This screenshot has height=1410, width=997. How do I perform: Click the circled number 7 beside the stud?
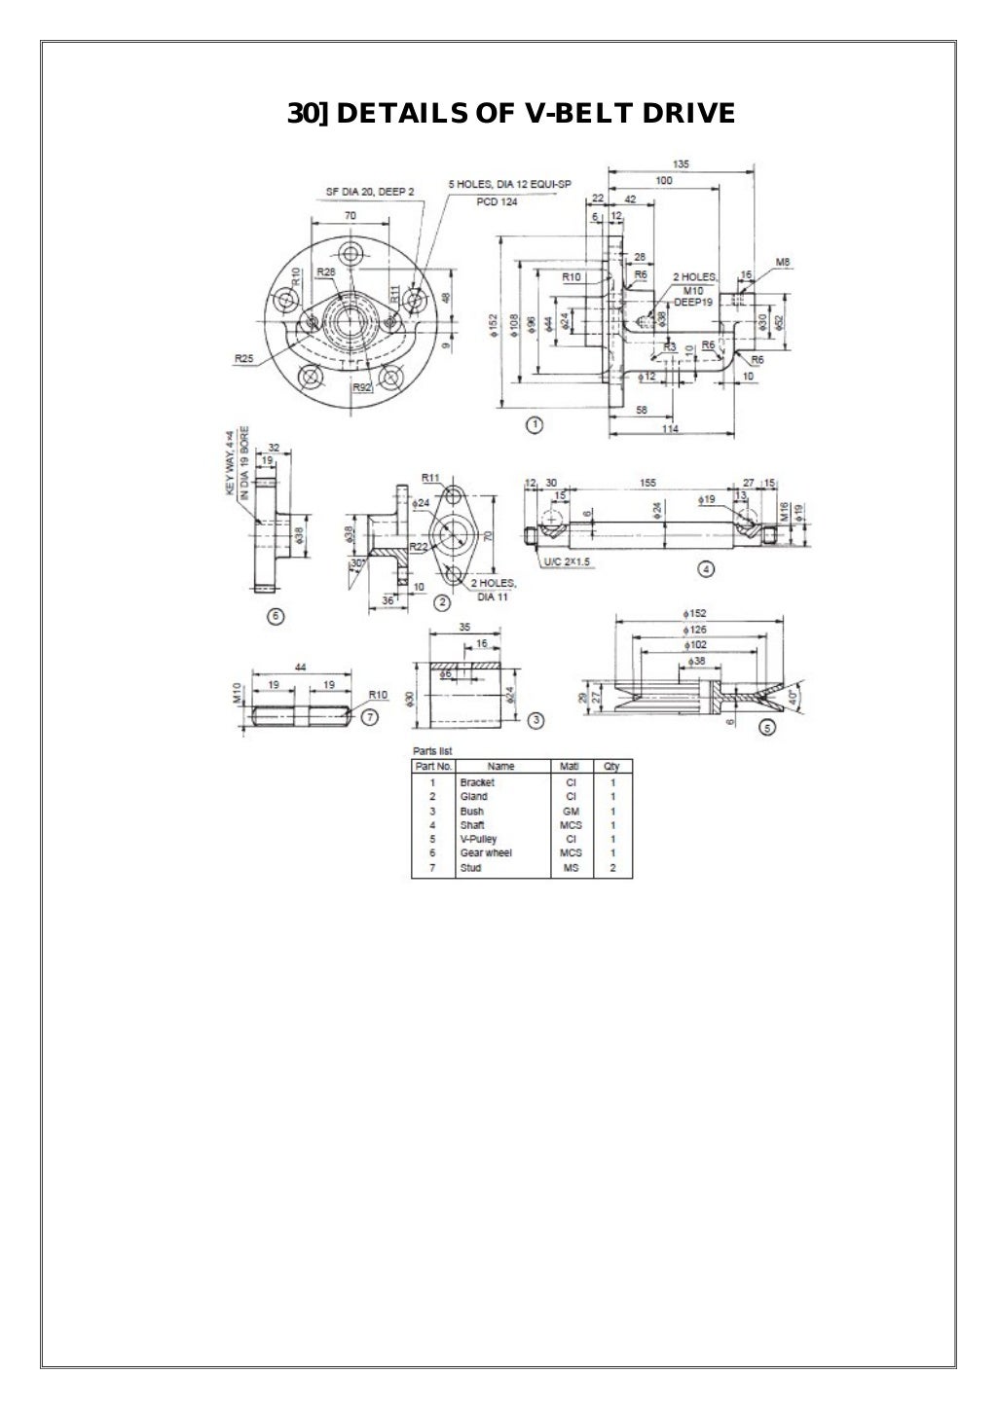[370, 717]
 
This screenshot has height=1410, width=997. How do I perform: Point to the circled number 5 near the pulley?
[767, 728]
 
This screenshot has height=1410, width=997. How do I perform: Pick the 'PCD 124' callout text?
[497, 202]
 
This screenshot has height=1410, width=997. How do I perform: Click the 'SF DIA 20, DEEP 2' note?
[369, 192]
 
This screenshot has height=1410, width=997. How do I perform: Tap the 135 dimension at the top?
[682, 164]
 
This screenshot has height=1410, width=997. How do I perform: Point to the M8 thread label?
[783, 262]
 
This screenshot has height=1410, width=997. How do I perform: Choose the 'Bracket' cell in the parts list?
[477, 782]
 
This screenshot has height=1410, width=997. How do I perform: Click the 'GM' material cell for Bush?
[572, 811]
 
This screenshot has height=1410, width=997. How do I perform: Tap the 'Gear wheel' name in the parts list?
[486, 852]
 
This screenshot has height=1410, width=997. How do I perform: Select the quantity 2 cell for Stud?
[612, 867]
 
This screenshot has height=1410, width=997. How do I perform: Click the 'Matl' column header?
[572, 766]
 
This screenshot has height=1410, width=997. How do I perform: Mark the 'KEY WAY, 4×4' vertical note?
[232, 463]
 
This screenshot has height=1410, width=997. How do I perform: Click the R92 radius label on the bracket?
[361, 386]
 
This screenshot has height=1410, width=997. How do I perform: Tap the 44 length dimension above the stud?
[301, 667]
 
